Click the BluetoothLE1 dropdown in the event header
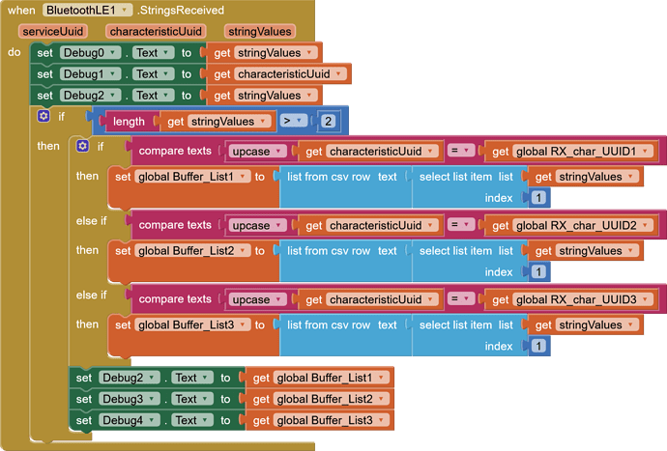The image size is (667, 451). click(86, 11)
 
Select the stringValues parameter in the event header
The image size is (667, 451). click(260, 32)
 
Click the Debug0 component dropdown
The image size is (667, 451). click(89, 53)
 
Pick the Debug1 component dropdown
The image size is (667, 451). click(89, 74)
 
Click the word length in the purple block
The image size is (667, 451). click(128, 122)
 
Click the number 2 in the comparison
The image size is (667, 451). click(329, 122)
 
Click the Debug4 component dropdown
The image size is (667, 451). click(128, 420)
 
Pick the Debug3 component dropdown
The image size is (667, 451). click(128, 399)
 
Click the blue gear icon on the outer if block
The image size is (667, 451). click(43, 117)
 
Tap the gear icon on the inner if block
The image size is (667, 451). click(82, 147)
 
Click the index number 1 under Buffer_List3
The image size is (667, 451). click(538, 346)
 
